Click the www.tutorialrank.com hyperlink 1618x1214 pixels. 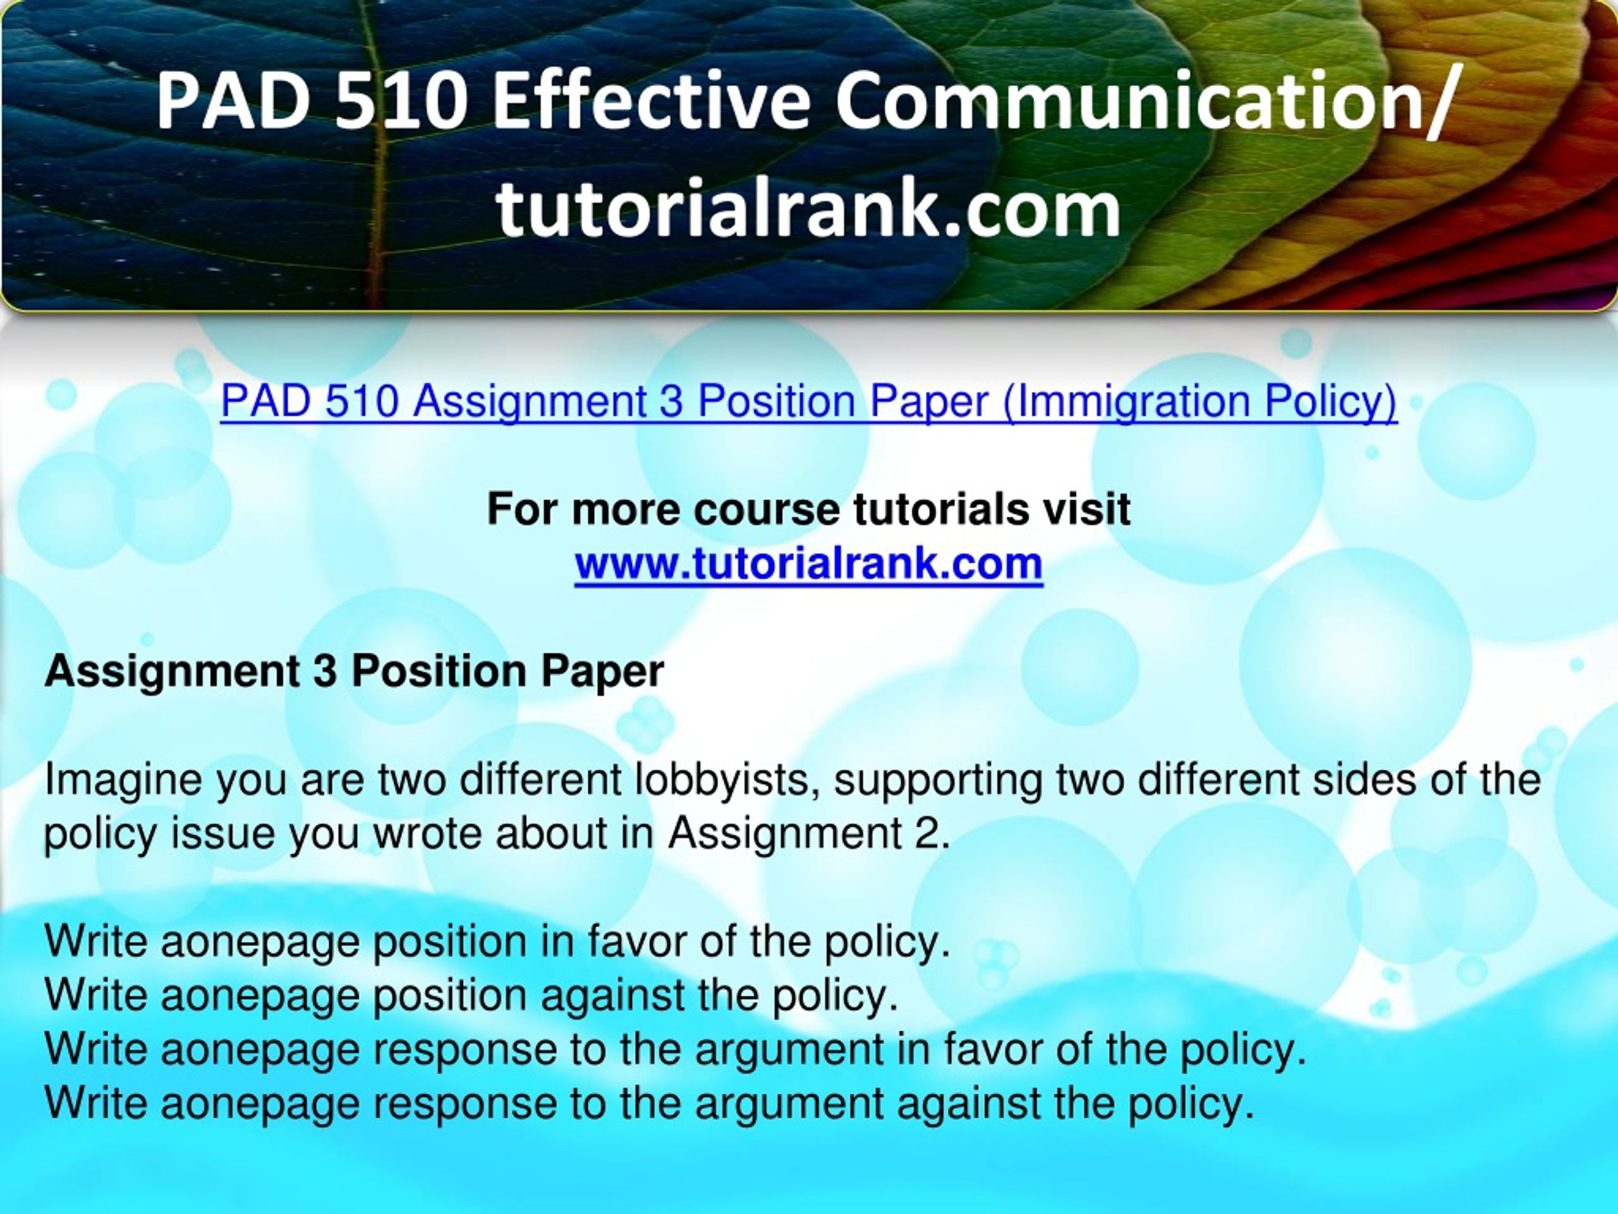pos(808,563)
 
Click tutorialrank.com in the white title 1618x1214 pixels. pos(808,209)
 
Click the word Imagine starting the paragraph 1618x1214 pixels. pos(123,781)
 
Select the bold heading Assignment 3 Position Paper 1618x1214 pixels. pos(355,671)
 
